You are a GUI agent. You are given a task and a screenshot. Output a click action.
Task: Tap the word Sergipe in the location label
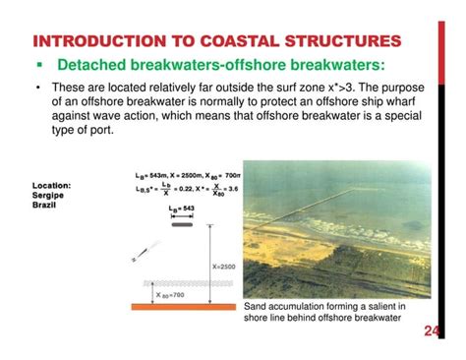tap(51, 195)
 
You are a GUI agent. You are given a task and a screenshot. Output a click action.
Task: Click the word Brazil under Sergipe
tap(49, 205)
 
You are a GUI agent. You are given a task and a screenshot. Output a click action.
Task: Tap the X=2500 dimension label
tap(223, 266)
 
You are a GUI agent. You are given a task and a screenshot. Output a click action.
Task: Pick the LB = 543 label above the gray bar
tap(183, 210)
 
